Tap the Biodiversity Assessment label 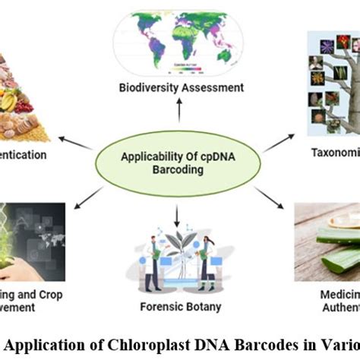click(180, 87)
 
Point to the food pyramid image click(23, 99)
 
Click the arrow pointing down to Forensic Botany click(176, 218)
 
